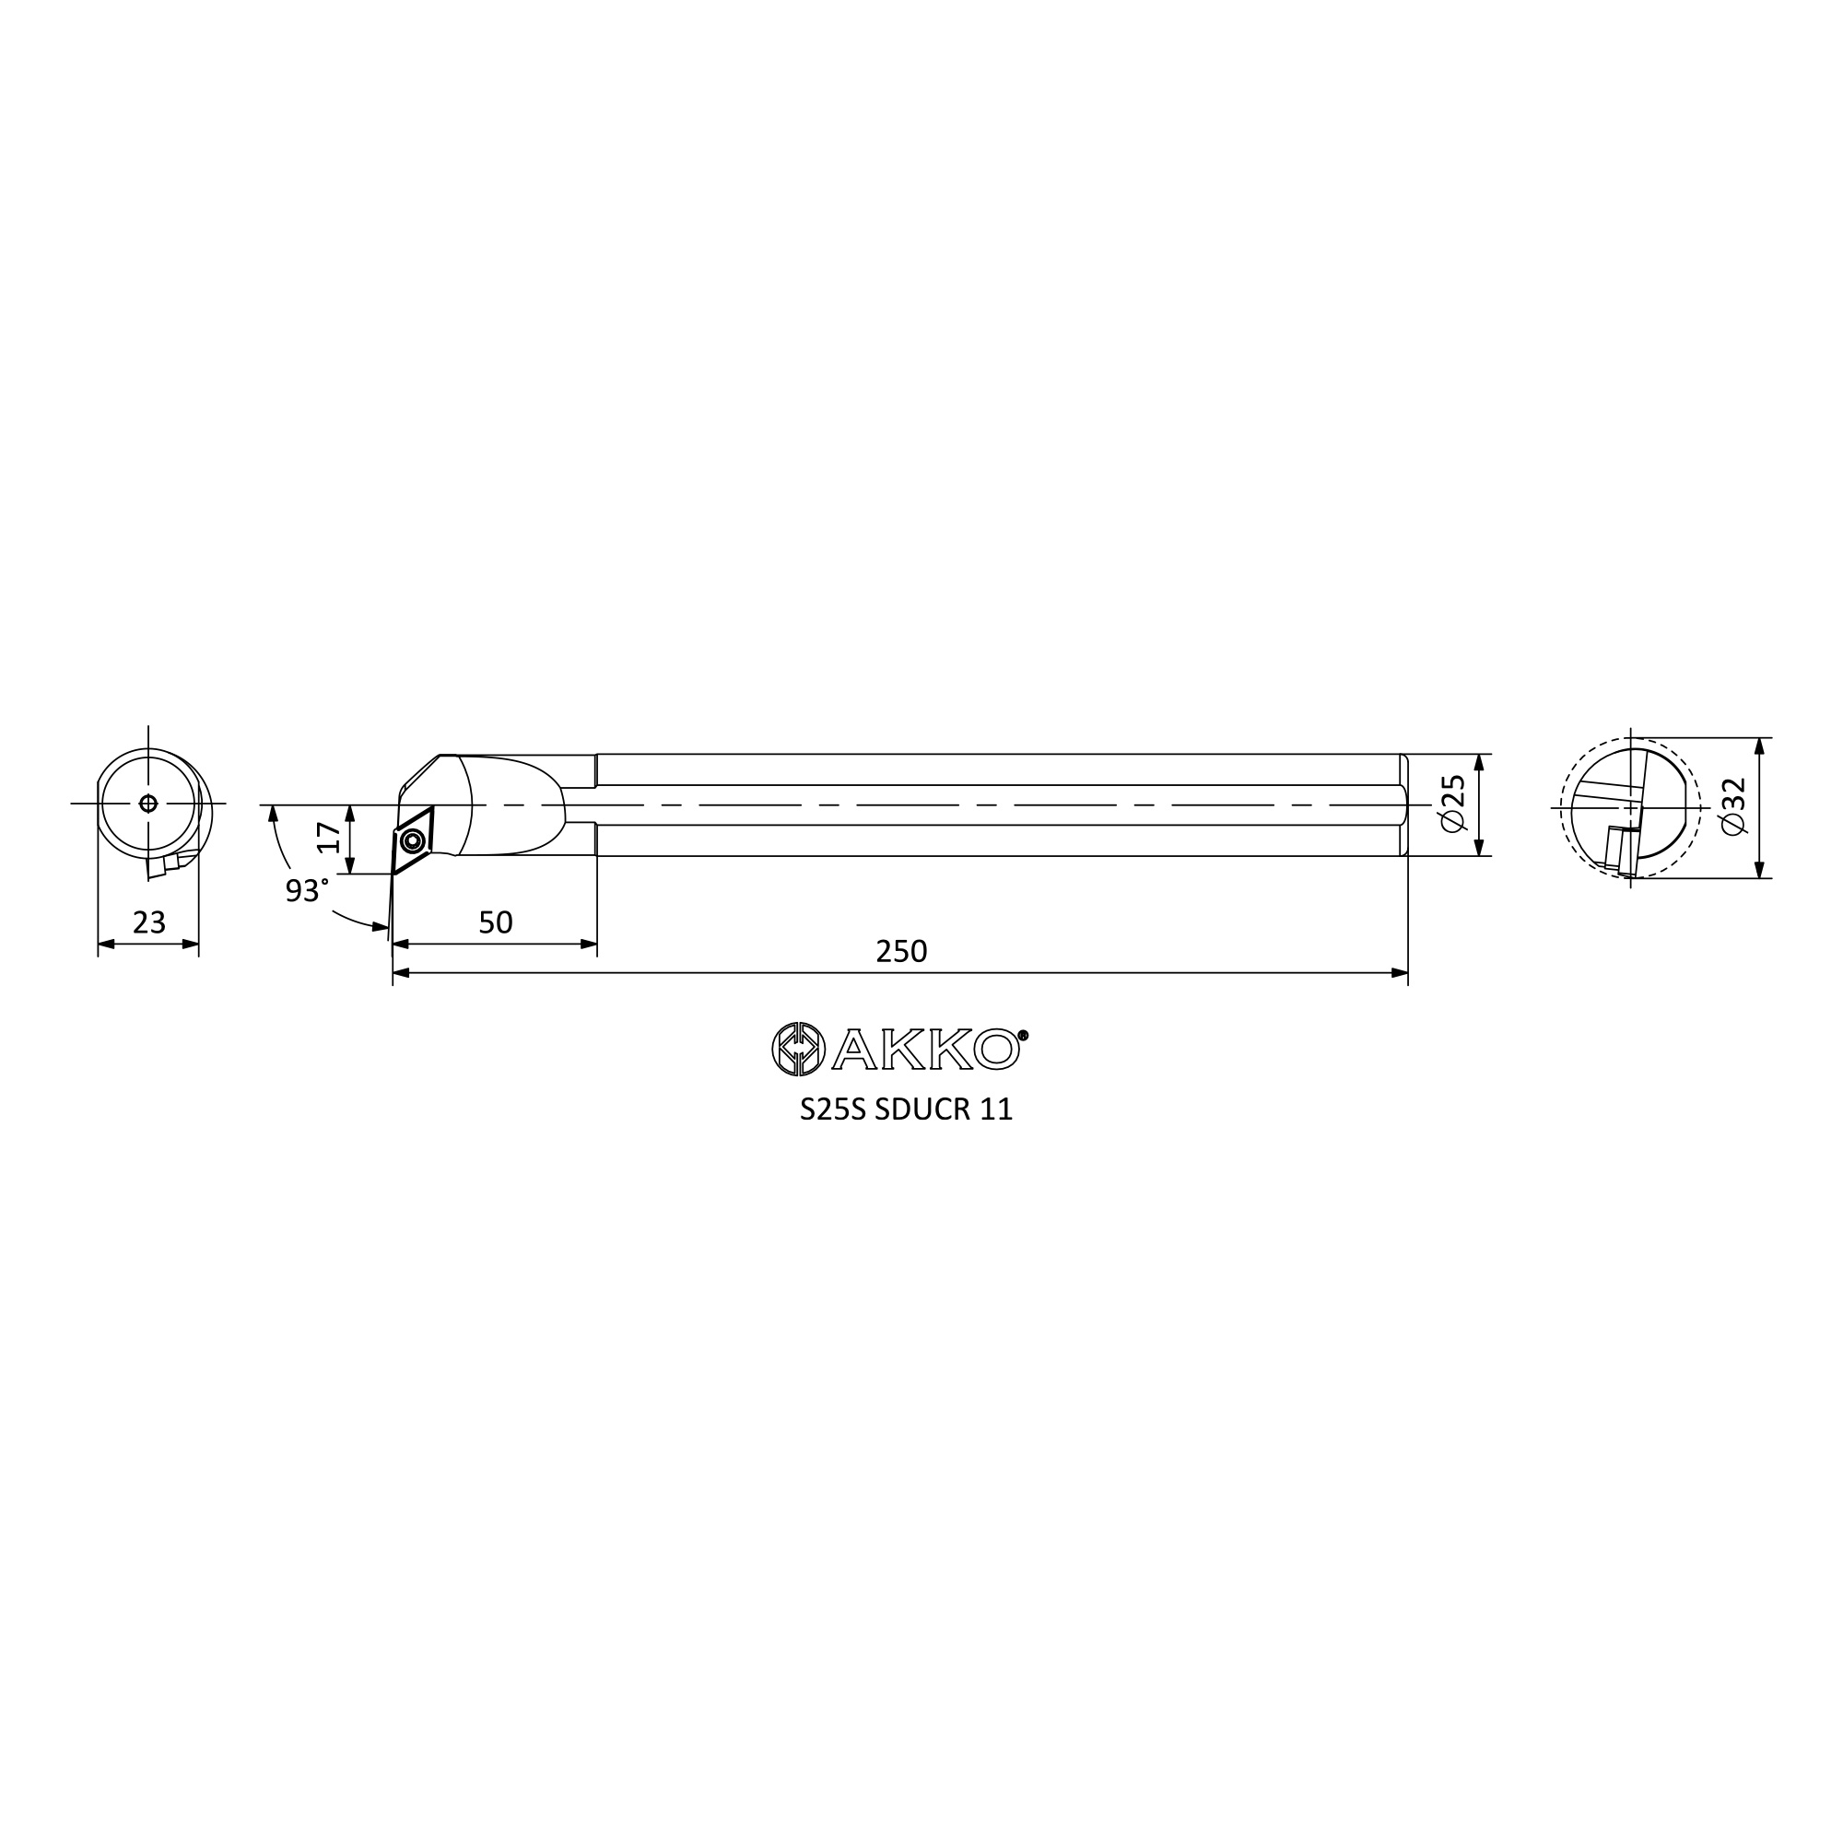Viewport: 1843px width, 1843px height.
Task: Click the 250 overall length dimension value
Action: tap(900, 951)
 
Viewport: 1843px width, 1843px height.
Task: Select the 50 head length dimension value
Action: tap(495, 922)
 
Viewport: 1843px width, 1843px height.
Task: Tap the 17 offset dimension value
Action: tap(329, 837)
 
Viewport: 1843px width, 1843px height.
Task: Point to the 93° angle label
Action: tap(306, 891)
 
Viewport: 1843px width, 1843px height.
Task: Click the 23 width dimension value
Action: tap(148, 922)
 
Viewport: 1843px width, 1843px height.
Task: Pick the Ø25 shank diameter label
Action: tap(1453, 804)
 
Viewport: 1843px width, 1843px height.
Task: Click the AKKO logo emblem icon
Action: tap(798, 1049)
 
